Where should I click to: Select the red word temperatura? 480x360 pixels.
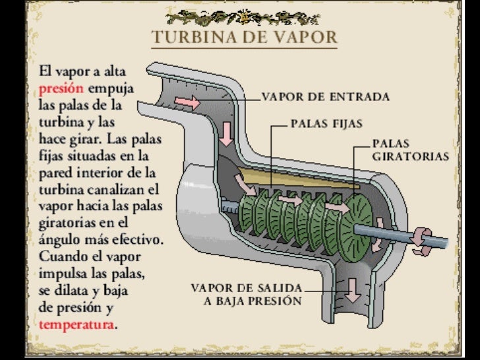click(x=76, y=324)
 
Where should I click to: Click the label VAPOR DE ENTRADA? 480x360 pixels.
click(x=326, y=96)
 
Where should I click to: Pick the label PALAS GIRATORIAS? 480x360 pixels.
click(x=410, y=150)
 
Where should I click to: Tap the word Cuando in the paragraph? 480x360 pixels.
click(x=57, y=255)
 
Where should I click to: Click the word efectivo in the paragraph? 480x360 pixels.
click(x=137, y=238)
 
